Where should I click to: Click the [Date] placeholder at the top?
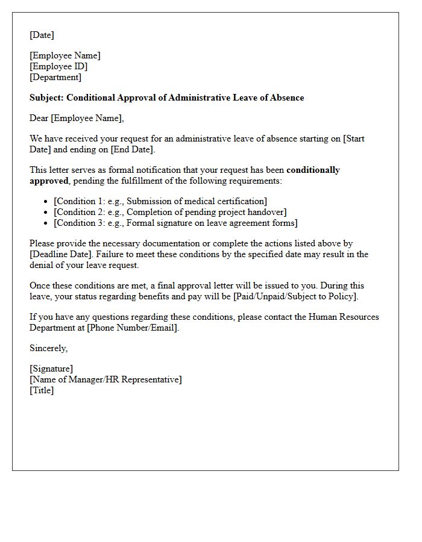(42, 35)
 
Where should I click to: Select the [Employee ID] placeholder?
(58, 66)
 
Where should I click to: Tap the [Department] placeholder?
(55, 77)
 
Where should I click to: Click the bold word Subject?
(46, 98)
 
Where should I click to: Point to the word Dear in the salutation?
(39, 118)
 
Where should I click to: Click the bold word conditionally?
(313, 170)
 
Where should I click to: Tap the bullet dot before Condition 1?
(46, 202)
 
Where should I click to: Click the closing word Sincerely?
(48, 348)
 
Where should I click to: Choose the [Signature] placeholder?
(51, 369)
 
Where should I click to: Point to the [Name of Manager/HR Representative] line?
(105, 379)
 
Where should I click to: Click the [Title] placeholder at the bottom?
(42, 390)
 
